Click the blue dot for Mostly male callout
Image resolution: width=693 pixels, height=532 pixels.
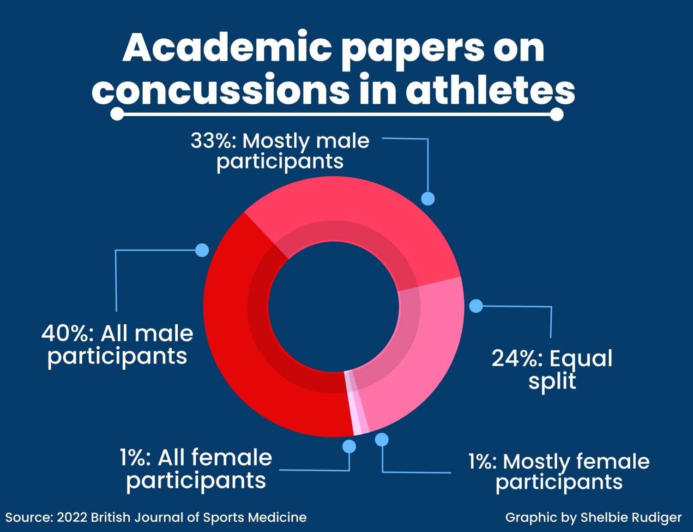coord(428,198)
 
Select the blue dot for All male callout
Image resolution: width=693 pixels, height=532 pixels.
coord(202,250)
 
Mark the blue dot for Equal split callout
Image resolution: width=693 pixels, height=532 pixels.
coord(476,306)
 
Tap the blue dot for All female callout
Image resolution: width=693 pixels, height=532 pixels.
coord(349,446)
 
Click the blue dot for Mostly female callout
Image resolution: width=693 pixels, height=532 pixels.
coord(382,440)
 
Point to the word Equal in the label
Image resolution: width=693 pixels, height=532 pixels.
coord(581,359)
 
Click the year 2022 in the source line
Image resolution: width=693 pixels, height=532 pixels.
coord(72,517)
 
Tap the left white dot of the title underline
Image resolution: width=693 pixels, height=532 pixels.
coord(117,114)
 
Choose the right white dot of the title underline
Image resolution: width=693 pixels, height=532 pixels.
coord(556,114)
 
